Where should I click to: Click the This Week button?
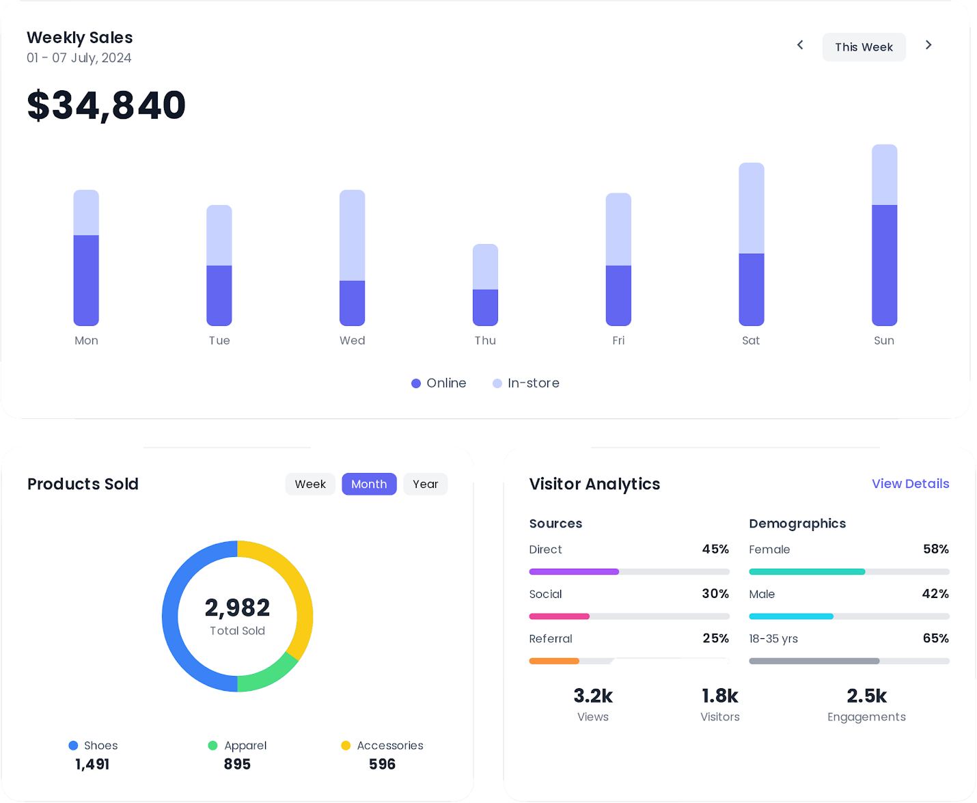coord(864,47)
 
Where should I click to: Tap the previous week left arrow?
coord(800,45)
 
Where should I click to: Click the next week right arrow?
coord(928,45)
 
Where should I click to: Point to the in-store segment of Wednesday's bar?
coord(352,235)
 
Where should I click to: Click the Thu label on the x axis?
coord(485,340)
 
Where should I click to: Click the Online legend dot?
coord(416,383)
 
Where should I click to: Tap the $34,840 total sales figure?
coord(107,105)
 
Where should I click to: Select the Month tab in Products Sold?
coord(369,484)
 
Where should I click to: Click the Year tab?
coord(425,484)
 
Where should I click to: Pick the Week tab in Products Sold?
coord(310,484)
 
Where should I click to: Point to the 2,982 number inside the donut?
coord(237,608)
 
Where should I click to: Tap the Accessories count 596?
coord(382,764)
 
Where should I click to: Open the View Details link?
coord(910,484)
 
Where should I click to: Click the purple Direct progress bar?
coord(574,571)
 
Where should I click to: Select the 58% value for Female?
coord(935,549)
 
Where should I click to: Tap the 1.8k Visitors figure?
coord(719,696)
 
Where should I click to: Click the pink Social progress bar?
coord(559,616)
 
